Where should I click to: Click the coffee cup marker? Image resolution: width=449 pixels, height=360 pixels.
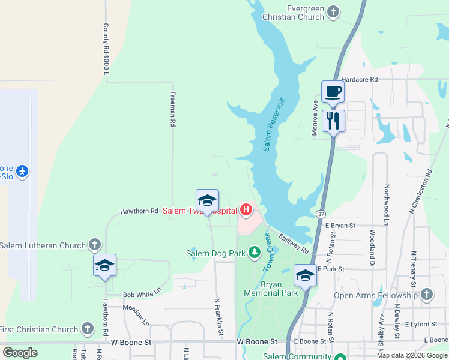(x=333, y=92)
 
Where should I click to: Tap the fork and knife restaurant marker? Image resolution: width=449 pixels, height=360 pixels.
(x=333, y=121)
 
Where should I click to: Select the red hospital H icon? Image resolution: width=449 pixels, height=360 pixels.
(x=246, y=209)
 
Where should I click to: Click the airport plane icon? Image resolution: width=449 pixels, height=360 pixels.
(x=22, y=172)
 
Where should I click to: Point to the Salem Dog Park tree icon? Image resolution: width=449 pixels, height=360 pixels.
(x=254, y=253)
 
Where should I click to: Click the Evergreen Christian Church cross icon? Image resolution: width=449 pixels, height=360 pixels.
(x=333, y=11)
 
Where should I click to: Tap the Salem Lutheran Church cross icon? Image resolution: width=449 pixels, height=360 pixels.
(x=94, y=244)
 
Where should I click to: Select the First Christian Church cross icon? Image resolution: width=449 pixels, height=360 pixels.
(x=88, y=328)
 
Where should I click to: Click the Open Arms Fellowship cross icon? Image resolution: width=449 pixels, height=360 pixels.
(x=426, y=294)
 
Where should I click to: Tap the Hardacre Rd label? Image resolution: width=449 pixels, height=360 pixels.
(x=359, y=79)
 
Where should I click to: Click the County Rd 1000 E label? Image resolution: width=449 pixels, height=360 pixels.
(x=107, y=49)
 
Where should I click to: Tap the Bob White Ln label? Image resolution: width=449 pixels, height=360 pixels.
(x=142, y=293)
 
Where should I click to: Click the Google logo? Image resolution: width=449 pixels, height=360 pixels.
(x=20, y=353)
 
